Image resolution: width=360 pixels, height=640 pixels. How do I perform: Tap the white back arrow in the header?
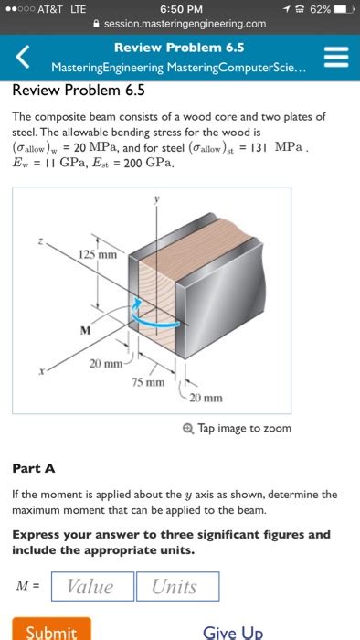click(x=23, y=57)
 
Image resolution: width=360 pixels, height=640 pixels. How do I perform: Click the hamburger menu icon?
click(x=336, y=57)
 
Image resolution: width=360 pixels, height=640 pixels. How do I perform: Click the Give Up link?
click(x=232, y=632)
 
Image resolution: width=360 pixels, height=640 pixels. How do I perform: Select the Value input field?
click(x=92, y=587)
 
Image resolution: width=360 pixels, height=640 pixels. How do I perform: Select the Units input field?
click(x=178, y=587)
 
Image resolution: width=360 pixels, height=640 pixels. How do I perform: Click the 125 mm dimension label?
click(x=98, y=255)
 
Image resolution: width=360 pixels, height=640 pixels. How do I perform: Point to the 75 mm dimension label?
click(x=148, y=382)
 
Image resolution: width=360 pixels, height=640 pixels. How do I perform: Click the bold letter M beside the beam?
click(x=85, y=330)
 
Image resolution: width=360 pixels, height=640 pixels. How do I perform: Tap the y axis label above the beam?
click(x=156, y=199)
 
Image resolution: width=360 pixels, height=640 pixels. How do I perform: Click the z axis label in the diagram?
click(x=40, y=241)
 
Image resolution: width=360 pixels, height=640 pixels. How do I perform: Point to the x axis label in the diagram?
click(x=41, y=372)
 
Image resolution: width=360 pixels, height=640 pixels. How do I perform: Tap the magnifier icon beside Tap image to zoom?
click(x=187, y=429)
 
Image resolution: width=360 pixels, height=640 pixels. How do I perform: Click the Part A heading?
click(x=34, y=468)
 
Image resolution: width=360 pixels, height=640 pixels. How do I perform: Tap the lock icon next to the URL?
click(x=97, y=24)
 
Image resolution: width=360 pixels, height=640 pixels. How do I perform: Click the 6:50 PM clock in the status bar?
click(x=181, y=9)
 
